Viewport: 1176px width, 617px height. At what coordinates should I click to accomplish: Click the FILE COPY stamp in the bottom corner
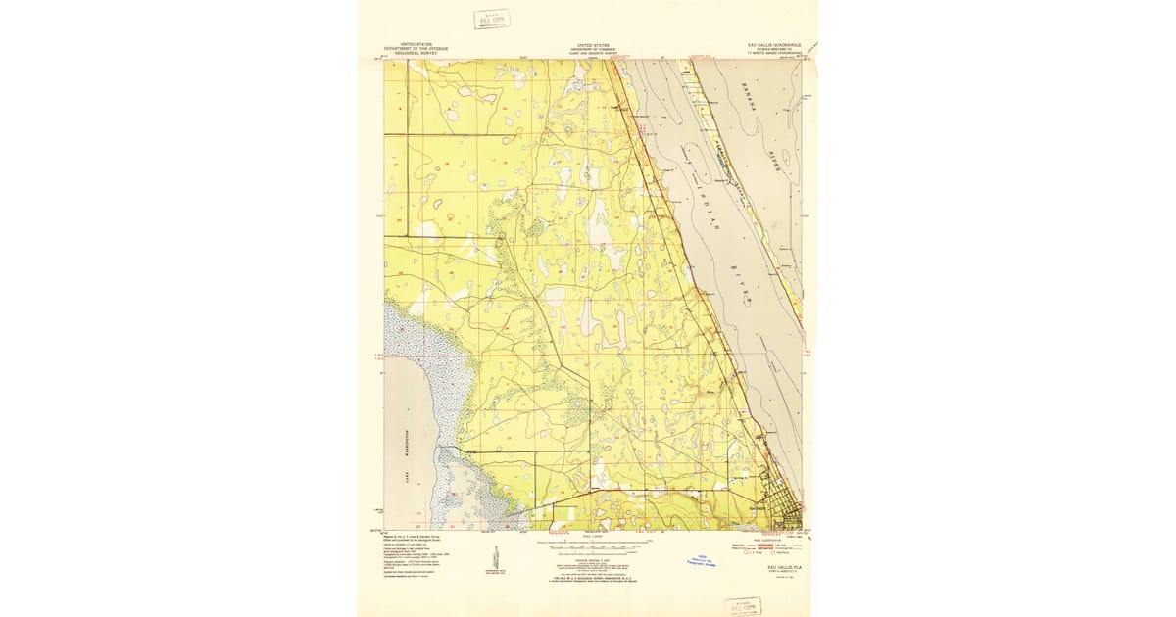point(742,605)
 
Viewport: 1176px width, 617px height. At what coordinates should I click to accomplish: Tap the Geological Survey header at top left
point(412,47)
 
